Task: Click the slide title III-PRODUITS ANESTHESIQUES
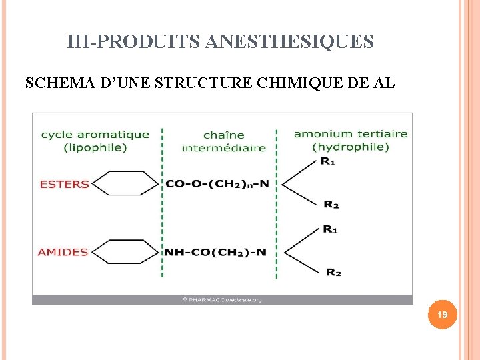pyautogui.click(x=220, y=42)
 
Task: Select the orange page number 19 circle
pyautogui.click(x=442, y=314)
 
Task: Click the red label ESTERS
pyautogui.click(x=65, y=184)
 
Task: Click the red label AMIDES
pyautogui.click(x=63, y=252)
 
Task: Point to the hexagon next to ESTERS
pyautogui.click(x=126, y=183)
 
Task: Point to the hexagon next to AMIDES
pyautogui.click(x=126, y=251)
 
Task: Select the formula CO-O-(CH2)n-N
pyautogui.click(x=217, y=183)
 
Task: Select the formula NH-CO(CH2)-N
pyautogui.click(x=215, y=252)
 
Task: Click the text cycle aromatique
pyautogui.click(x=95, y=135)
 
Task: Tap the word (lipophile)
pyautogui.click(x=95, y=147)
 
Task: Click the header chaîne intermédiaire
pyautogui.click(x=223, y=141)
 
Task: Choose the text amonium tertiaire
pyautogui.click(x=351, y=133)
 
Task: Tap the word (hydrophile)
pyautogui.click(x=351, y=147)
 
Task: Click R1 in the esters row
pyautogui.click(x=328, y=161)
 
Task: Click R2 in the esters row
pyautogui.click(x=331, y=204)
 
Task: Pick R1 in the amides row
pyautogui.click(x=330, y=229)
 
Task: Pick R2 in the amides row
pyautogui.click(x=333, y=272)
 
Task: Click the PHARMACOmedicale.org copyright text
pyautogui.click(x=222, y=300)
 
